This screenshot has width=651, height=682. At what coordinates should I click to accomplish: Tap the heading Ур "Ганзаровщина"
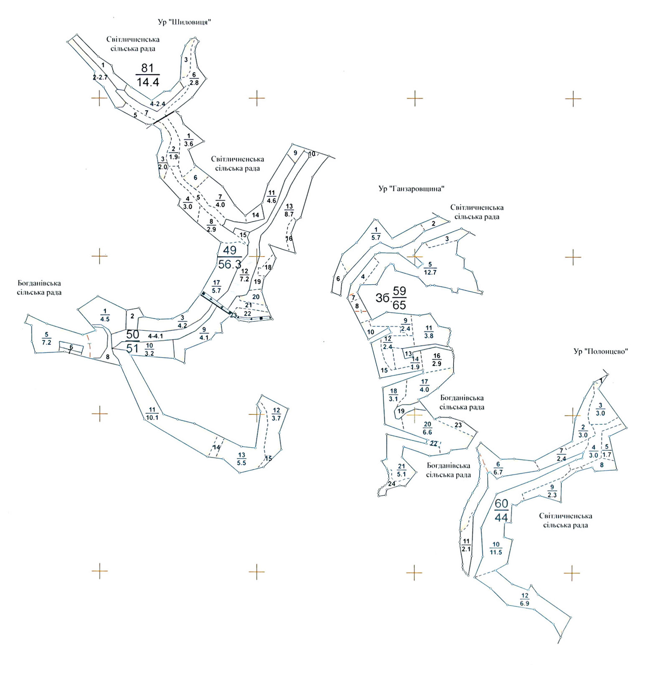(x=410, y=189)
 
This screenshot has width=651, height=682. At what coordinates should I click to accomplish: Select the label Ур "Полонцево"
(x=601, y=351)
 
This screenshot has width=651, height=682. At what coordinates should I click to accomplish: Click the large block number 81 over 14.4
(x=148, y=75)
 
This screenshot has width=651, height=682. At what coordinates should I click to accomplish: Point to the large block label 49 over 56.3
(x=230, y=257)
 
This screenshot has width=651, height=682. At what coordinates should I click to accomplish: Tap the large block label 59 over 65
(x=399, y=298)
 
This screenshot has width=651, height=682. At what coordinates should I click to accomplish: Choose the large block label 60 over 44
(x=501, y=510)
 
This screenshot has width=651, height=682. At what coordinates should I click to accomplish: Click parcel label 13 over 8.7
(x=289, y=210)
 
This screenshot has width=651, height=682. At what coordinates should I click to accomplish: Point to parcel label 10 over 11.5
(x=496, y=548)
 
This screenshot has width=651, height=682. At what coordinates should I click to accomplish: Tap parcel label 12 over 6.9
(x=525, y=599)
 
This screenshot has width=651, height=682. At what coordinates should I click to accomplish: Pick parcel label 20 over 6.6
(x=427, y=428)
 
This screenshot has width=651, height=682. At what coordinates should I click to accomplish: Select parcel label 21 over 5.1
(x=401, y=470)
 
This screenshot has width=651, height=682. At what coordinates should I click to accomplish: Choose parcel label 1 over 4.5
(x=105, y=314)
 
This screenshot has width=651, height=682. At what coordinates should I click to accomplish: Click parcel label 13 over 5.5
(x=241, y=459)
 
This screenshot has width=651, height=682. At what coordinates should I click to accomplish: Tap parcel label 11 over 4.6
(x=271, y=196)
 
